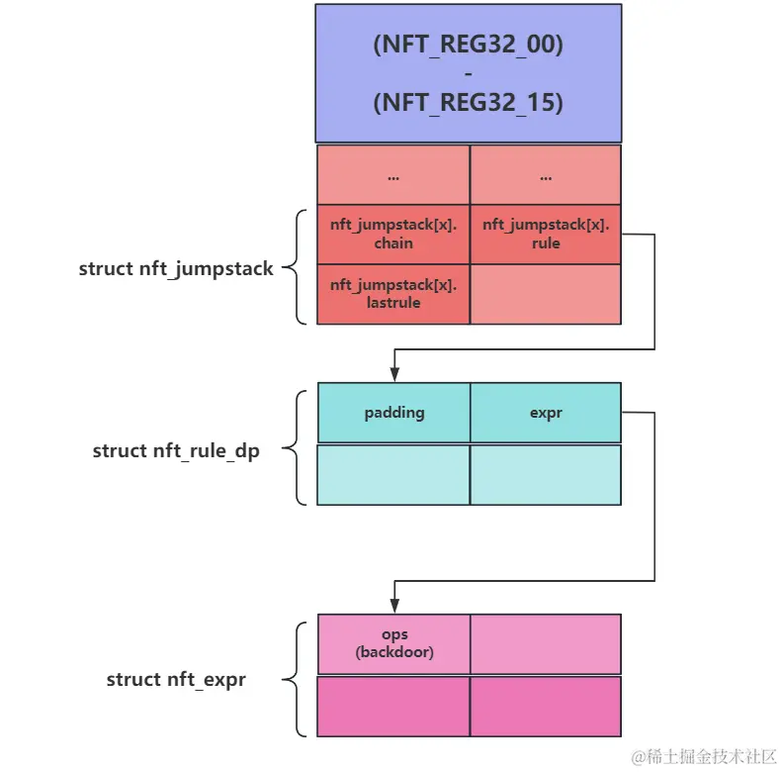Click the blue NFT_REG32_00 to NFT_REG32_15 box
(469, 73)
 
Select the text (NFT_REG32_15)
(469, 104)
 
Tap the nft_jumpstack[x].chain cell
(393, 235)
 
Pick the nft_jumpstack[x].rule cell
(546, 235)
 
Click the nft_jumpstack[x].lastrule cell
(393, 294)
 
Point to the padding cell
(393, 413)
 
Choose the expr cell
(546, 413)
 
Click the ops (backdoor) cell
(393, 644)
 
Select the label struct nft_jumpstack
(176, 268)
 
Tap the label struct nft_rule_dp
(176, 450)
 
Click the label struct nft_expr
(176, 680)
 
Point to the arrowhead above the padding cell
(394, 374)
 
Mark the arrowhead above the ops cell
(394, 606)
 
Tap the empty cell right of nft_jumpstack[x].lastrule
(546, 294)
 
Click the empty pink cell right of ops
(546, 644)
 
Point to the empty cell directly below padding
(393, 475)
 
